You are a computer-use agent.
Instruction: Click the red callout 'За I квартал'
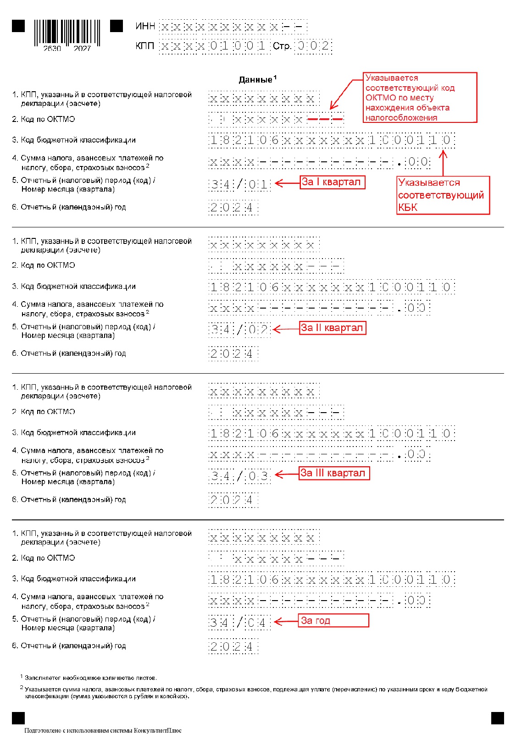332,182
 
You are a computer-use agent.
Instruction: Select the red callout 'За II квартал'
333,328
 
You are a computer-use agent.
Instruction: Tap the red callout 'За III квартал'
334,473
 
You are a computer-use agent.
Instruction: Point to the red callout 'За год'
333,620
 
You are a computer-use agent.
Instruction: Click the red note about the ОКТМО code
420,97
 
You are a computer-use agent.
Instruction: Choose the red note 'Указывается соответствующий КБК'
443,195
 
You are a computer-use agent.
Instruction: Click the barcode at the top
67,34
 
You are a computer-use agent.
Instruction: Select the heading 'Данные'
256,80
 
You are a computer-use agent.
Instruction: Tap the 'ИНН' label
145,26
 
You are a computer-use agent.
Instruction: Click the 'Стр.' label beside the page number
282,46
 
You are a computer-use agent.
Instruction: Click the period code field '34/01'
239,185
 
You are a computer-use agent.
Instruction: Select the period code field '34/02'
239,330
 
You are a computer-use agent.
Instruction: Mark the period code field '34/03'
239,476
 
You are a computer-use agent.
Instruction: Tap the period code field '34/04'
239,623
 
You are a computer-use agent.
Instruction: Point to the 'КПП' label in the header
145,46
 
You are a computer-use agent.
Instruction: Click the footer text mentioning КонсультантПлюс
103,730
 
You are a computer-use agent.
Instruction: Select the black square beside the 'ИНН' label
117,26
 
